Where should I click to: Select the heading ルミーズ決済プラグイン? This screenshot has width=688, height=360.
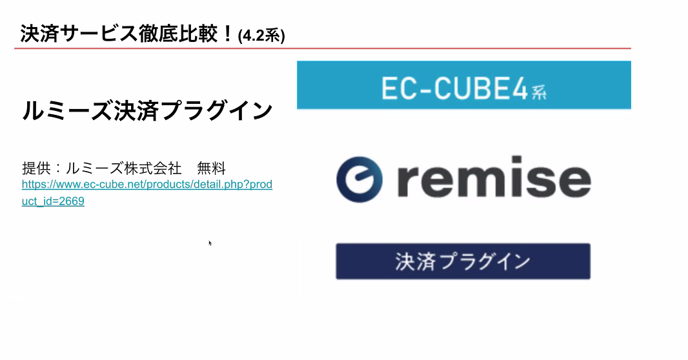click(147, 111)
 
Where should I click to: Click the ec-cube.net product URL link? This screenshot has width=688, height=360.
click(147, 185)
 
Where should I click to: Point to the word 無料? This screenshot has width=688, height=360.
click(211, 169)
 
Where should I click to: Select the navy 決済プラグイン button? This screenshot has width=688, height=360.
click(463, 261)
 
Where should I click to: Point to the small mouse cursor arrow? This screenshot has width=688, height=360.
click(210, 243)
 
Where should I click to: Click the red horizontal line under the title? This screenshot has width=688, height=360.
click(323, 48)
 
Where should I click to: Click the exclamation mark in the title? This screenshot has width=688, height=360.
click(227, 34)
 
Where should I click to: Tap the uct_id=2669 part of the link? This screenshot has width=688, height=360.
click(53, 201)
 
